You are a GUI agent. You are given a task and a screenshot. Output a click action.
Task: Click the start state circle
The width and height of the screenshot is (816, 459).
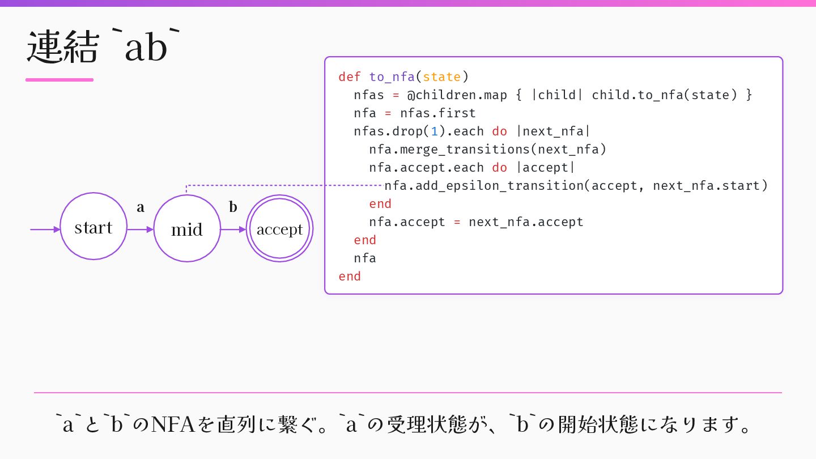[93, 226]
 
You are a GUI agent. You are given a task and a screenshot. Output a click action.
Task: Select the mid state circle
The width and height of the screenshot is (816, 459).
[187, 228]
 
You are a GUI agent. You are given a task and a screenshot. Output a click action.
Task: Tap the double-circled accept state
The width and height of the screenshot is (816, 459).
[279, 228]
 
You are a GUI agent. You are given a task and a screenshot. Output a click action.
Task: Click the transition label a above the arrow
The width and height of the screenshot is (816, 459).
[141, 207]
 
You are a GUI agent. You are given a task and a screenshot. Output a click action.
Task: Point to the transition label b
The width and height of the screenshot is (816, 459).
[233, 207]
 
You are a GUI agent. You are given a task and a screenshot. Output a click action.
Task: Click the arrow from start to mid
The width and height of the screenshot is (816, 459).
[140, 229]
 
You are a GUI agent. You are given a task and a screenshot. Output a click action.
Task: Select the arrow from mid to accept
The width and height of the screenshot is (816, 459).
[233, 229]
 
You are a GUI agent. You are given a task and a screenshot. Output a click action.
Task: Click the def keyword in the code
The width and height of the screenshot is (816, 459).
[349, 77]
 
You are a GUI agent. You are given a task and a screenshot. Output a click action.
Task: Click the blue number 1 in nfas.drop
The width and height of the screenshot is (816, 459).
[435, 131]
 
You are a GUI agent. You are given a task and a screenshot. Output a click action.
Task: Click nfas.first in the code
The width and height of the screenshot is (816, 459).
[438, 113]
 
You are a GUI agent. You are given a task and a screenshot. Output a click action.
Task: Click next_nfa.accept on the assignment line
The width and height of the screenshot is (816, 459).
[526, 222]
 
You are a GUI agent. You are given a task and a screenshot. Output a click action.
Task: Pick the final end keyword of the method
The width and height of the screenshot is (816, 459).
[350, 277]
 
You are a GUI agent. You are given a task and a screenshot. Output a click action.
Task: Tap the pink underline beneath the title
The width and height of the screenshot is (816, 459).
[59, 80]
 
